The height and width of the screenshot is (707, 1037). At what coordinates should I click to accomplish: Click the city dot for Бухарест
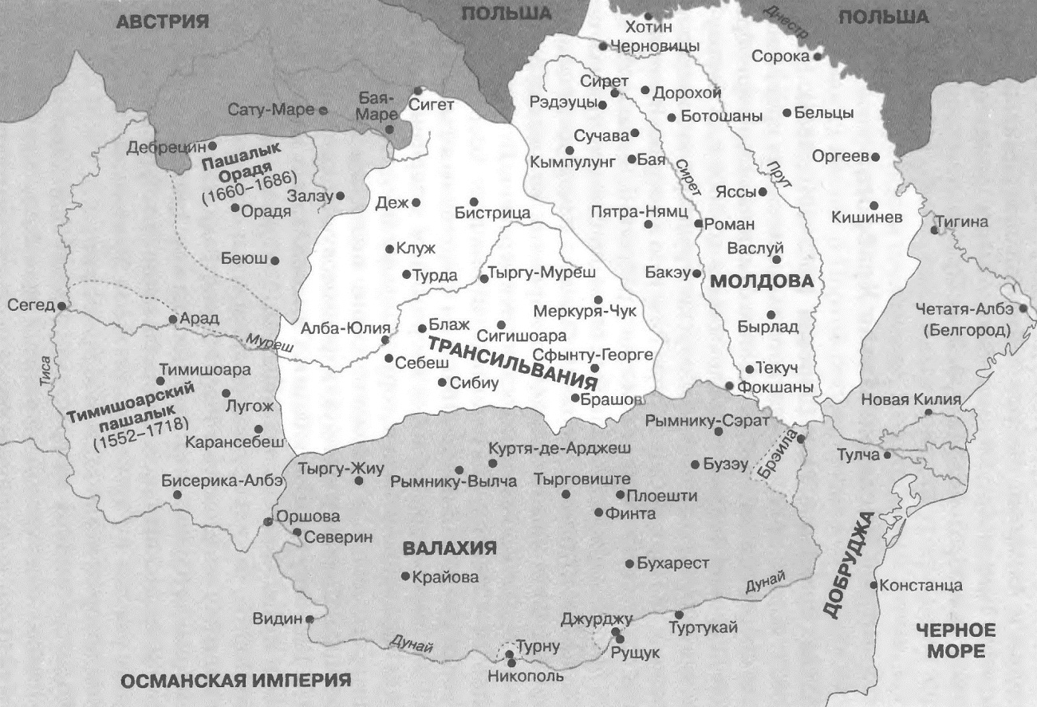coord(629,564)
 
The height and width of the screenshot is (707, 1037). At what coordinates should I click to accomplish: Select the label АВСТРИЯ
coord(162,22)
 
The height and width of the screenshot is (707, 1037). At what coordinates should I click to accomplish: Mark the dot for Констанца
coord(874,586)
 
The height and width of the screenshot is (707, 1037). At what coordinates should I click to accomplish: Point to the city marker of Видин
coord(310,618)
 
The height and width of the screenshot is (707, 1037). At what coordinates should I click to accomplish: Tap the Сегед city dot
coord(61,306)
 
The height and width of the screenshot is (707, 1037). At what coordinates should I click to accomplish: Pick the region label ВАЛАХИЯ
coord(449,548)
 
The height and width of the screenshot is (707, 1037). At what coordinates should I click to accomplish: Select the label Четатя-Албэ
coord(974,308)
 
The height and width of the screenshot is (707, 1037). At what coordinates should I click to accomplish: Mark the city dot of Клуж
coord(389,249)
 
